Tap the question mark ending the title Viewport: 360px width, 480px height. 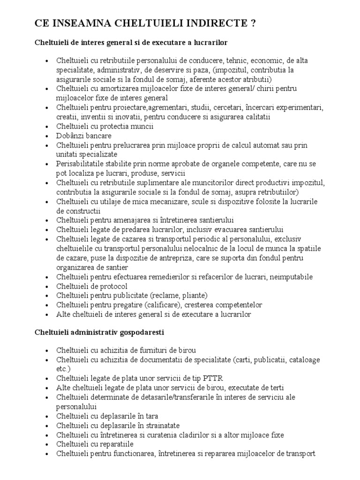tap(253, 24)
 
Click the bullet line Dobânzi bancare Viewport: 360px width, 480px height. tap(83, 135)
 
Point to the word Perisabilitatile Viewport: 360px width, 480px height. tap(82, 164)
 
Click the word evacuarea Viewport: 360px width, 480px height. tap(219, 229)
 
